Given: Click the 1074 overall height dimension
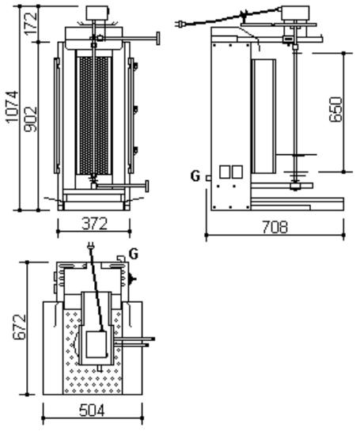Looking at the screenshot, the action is (13, 107).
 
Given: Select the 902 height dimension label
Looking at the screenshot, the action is (31, 119).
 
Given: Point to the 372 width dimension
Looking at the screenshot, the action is (94, 224).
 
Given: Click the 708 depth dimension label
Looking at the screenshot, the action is (275, 227).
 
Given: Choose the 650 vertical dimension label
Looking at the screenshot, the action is (336, 109).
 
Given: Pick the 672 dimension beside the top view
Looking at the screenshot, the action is (20, 327).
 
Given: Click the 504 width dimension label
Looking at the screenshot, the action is (92, 410).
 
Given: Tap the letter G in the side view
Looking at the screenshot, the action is (195, 176).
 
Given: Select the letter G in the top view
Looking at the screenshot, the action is (134, 254).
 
